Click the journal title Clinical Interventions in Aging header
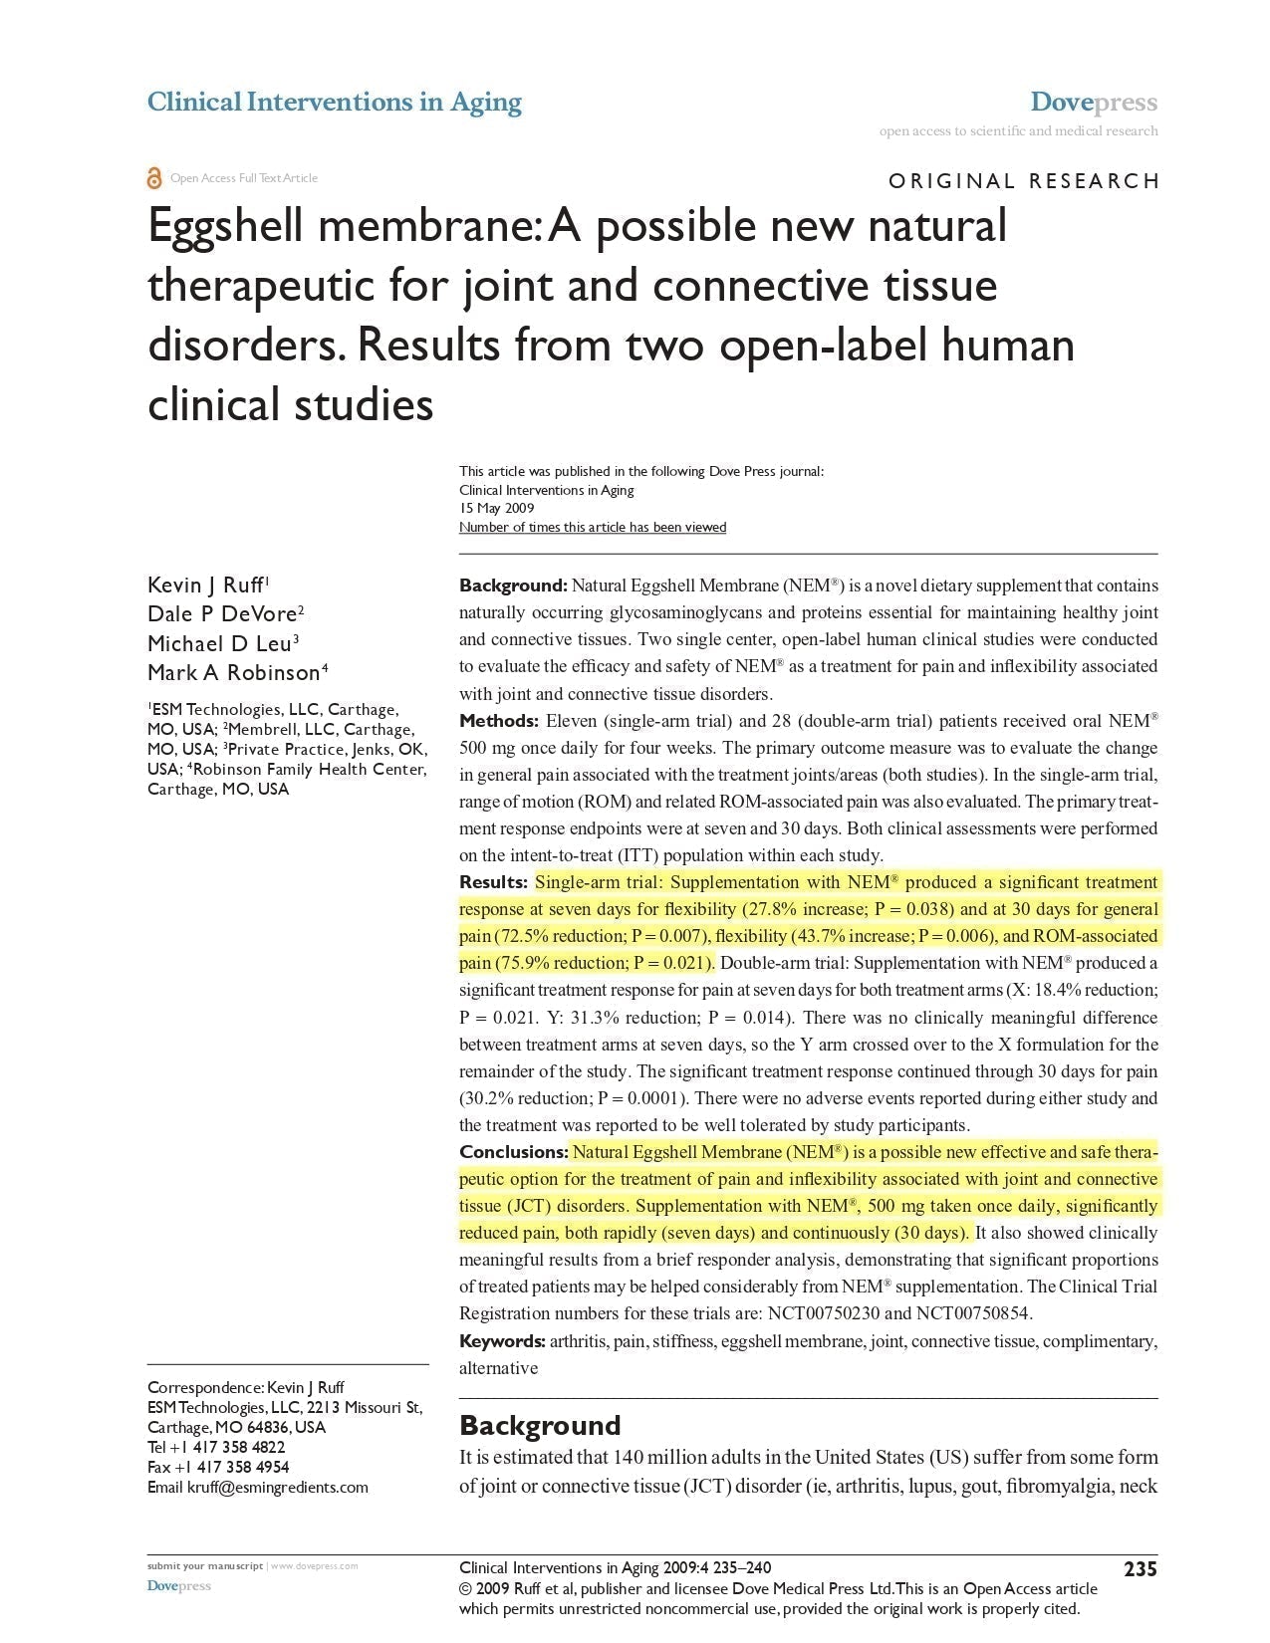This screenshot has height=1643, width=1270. [x=334, y=102]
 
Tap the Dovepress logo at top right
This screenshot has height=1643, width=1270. [x=1093, y=102]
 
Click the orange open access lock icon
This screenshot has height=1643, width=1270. [x=154, y=178]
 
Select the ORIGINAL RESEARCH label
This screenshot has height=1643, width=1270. [x=1023, y=181]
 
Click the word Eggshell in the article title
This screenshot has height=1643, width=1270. [x=226, y=226]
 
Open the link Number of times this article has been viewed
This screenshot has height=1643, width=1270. [x=592, y=527]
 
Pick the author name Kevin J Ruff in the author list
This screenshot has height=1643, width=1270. [x=205, y=585]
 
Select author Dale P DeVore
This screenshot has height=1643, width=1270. [x=222, y=613]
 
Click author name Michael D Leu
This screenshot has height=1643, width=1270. [x=220, y=643]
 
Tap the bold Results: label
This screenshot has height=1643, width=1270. [x=493, y=882]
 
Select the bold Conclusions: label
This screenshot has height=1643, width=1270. [x=512, y=1152]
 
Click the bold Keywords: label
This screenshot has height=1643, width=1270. [x=502, y=1341]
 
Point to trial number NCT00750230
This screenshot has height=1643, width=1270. [x=824, y=1313]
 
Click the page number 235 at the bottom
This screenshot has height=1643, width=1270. [x=1141, y=1569]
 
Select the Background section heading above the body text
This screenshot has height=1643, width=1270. [x=539, y=1425]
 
